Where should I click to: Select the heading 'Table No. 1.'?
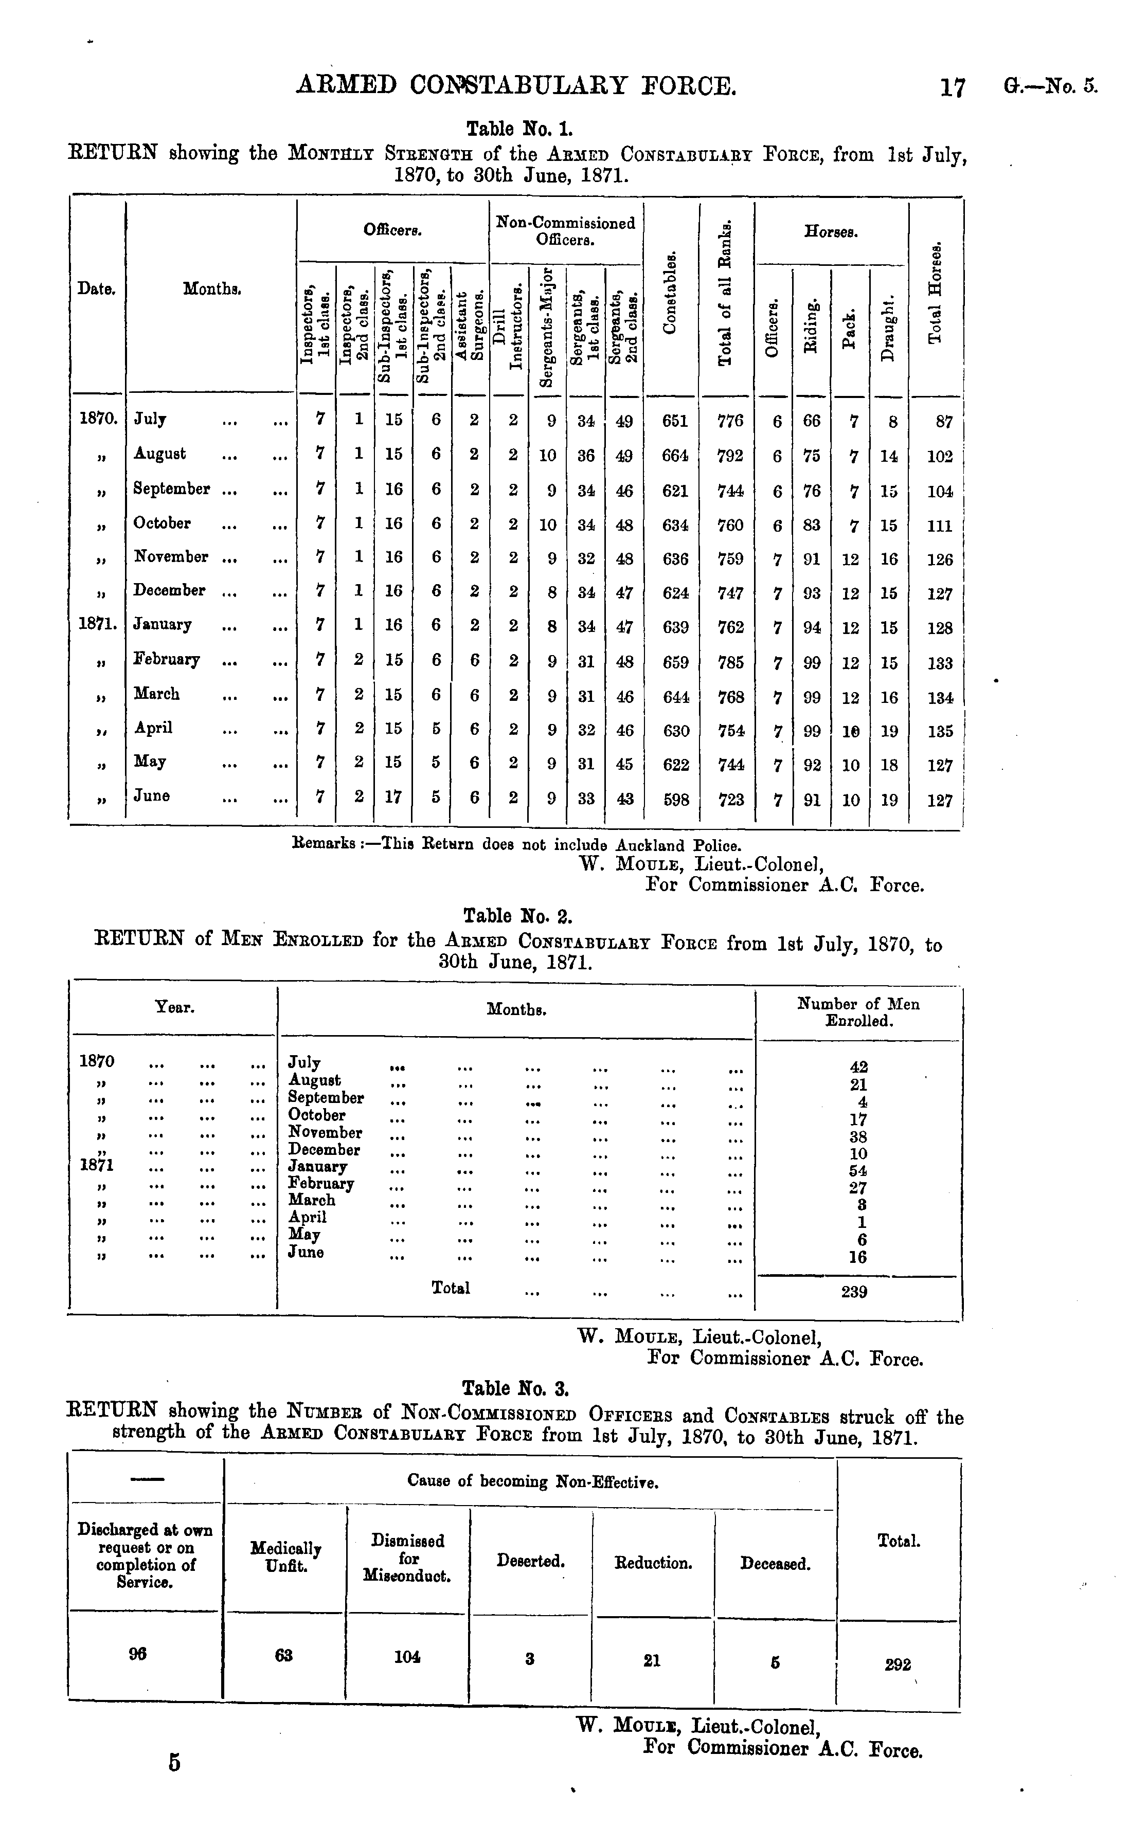pos(519,129)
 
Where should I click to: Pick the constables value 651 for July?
pos(675,421)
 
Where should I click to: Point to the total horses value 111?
pos(939,526)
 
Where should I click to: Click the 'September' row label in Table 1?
pos(171,488)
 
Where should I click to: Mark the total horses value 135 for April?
pos(939,731)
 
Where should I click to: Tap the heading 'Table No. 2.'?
pos(518,916)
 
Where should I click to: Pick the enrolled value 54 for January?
pos(858,1171)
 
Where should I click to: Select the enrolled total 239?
pos(854,1292)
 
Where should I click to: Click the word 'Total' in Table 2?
pos(451,1288)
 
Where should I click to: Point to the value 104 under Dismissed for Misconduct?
pos(407,1657)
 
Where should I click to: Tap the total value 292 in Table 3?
pos(898,1664)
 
